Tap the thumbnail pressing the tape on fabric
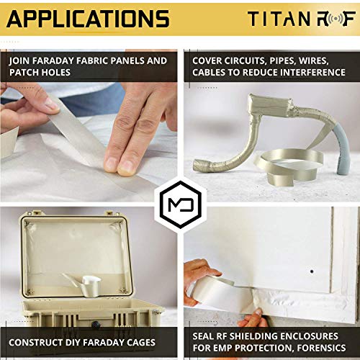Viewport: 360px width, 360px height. pyautogui.click(x=114, y=165)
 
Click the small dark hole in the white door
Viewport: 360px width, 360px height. pyautogui.click(x=311, y=273)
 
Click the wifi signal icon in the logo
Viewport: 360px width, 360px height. pyautogui.click(x=323, y=19)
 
